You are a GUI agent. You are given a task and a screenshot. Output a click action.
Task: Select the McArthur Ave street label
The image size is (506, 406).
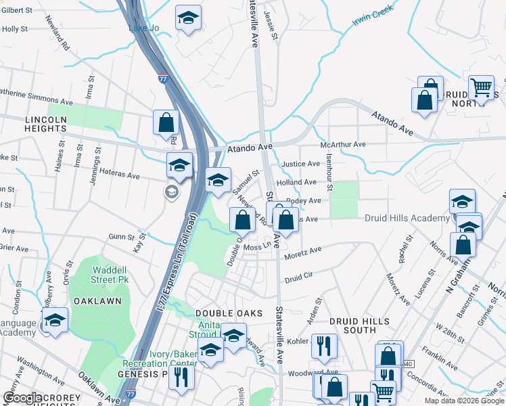click(x=342, y=144)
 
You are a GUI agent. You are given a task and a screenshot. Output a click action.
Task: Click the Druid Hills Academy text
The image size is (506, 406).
click(x=407, y=218)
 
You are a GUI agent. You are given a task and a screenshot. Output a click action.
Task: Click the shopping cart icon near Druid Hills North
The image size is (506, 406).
click(x=481, y=87)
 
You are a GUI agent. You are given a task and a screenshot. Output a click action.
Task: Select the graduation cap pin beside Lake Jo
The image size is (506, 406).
click(x=188, y=18)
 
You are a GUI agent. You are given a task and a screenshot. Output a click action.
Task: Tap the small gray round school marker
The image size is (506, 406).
click(x=171, y=192)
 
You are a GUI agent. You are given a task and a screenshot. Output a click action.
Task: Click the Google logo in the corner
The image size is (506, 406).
click(x=22, y=398)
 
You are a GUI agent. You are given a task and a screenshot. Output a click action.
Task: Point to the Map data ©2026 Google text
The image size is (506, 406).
click(x=463, y=401)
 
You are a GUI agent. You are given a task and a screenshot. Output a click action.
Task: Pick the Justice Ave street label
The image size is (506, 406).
click(x=300, y=164)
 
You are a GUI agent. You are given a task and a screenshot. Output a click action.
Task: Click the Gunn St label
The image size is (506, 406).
click(x=122, y=236)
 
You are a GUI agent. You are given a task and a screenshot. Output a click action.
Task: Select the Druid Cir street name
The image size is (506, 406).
click(x=298, y=277)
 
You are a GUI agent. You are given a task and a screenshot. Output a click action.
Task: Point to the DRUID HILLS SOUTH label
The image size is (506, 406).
click(x=352, y=325)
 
